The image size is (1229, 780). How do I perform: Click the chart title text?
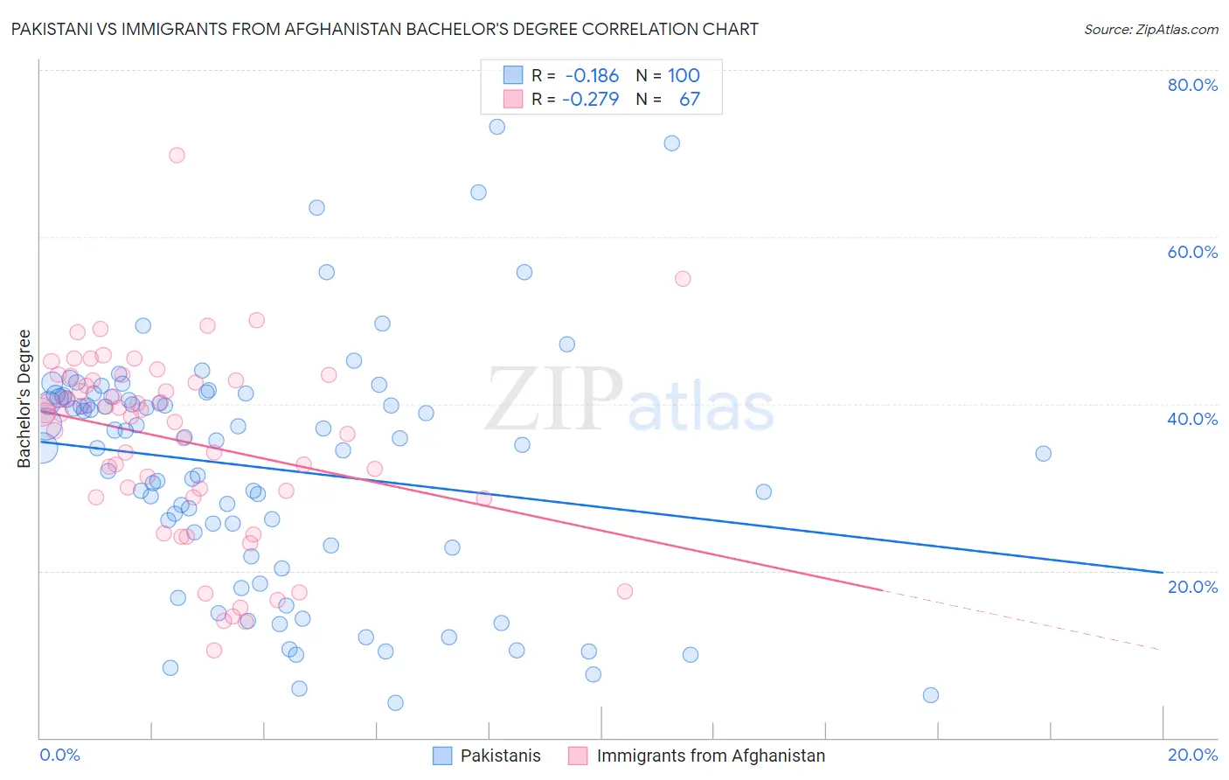(382, 29)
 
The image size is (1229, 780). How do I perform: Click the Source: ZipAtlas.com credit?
(1150, 29)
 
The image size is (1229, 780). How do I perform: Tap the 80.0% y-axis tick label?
(1192, 85)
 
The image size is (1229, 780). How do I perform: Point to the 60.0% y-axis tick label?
(1192, 252)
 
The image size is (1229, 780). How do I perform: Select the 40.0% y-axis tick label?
(1192, 419)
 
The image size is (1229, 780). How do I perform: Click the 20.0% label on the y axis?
(1192, 587)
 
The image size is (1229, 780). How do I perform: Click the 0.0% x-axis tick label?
(59, 755)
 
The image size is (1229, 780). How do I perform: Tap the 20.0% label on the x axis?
(1192, 755)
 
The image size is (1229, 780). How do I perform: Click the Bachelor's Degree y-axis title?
(24, 398)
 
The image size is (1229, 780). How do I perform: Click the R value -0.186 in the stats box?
(592, 75)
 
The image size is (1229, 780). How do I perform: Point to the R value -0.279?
(591, 99)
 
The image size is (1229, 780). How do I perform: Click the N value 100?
(684, 75)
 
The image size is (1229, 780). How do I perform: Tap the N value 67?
(689, 99)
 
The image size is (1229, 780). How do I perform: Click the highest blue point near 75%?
(496, 127)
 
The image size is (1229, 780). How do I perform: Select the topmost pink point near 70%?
(177, 155)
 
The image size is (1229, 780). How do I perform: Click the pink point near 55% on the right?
(683, 279)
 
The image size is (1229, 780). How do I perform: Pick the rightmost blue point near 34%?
(1043, 453)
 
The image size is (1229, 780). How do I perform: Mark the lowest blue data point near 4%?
(395, 702)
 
